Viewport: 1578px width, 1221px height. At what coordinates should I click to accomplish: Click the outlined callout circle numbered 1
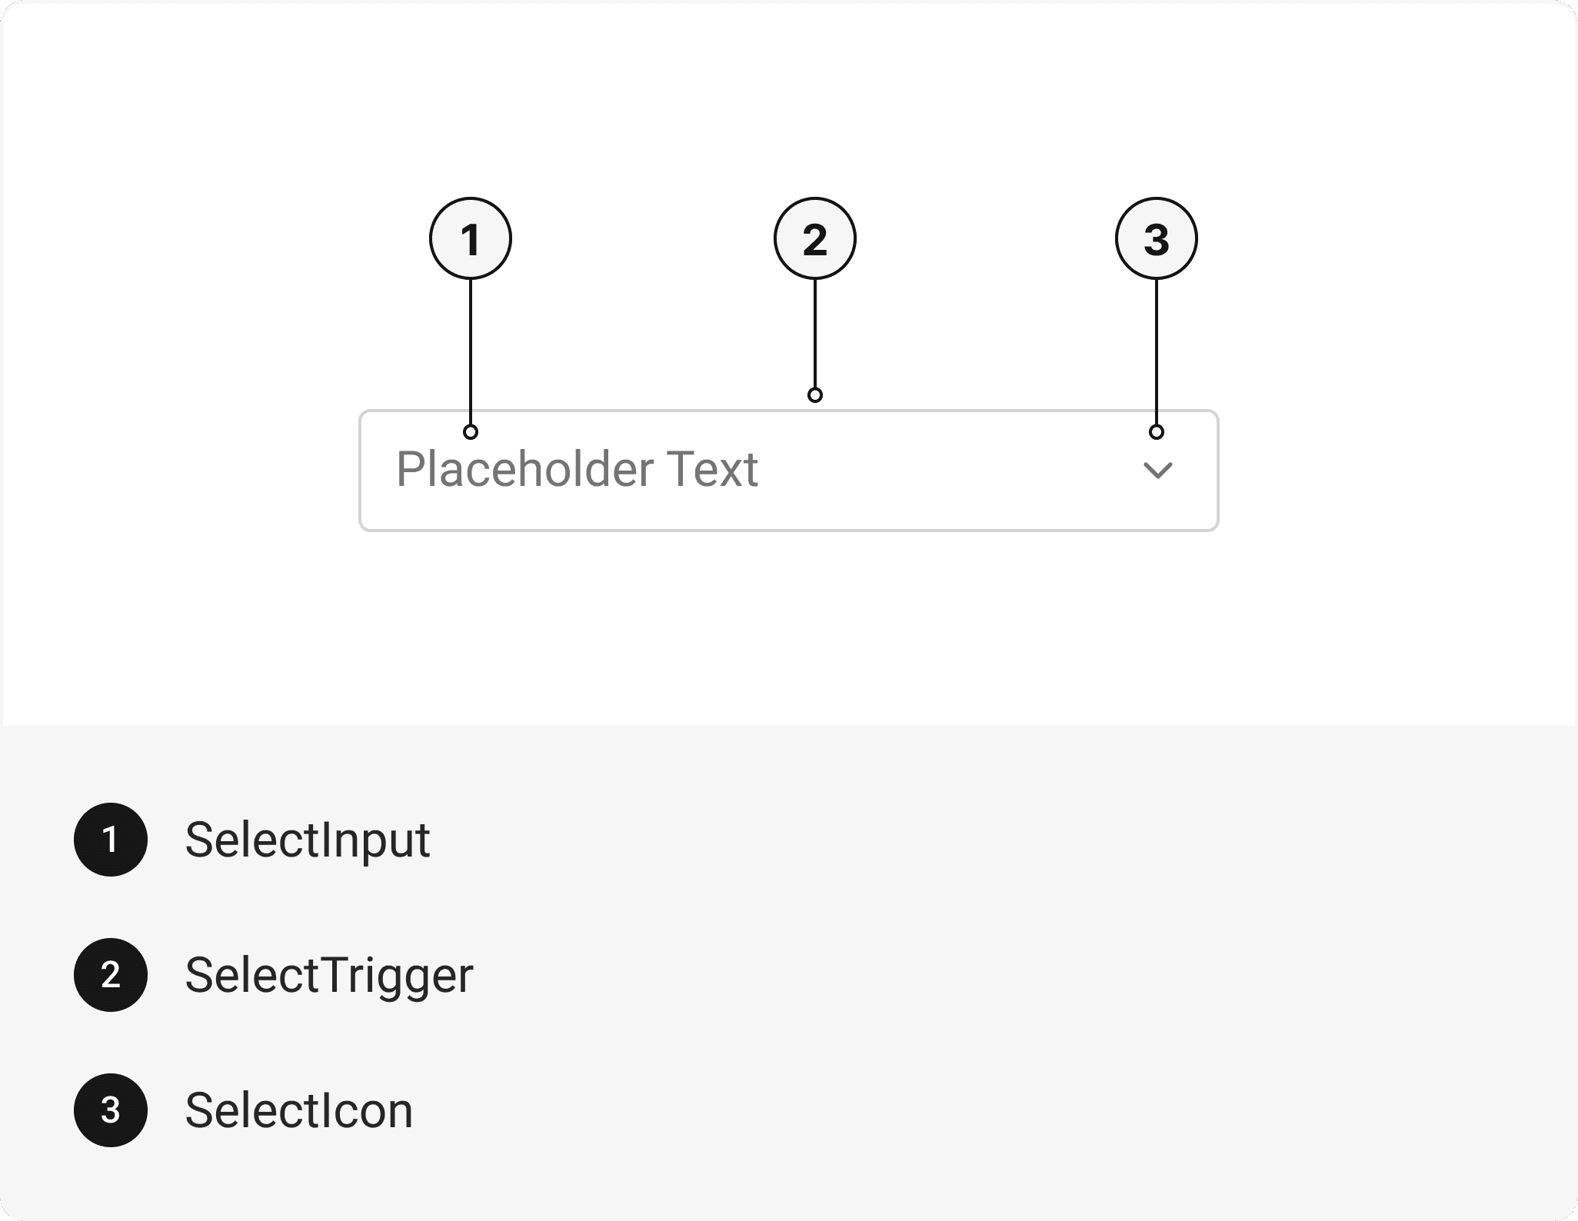(471, 238)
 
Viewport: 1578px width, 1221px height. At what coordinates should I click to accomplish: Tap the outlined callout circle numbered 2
(815, 238)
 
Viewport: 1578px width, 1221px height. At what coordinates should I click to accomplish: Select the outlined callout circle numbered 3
(1157, 238)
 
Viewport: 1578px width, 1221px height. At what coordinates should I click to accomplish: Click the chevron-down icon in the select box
(1158, 471)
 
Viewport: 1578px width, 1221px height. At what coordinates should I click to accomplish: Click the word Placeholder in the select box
(524, 469)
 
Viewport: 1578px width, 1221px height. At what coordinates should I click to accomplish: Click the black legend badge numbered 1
(111, 840)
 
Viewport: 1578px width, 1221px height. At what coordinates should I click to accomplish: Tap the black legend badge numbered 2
(111, 975)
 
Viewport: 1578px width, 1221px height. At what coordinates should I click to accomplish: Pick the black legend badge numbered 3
(111, 1110)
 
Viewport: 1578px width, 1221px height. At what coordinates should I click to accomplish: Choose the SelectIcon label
(299, 1111)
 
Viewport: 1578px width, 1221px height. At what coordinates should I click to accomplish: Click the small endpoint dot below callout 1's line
(471, 432)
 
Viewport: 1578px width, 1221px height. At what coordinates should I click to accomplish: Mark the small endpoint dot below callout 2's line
(815, 395)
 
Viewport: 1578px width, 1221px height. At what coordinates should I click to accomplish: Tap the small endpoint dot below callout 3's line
(1157, 432)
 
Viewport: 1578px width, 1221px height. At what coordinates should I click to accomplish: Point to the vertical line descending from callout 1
(471, 352)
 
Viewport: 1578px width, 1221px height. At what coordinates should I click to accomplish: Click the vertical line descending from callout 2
(815, 334)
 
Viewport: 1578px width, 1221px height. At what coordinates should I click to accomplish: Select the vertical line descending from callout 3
(1157, 352)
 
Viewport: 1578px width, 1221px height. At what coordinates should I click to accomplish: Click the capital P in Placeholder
(410, 469)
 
